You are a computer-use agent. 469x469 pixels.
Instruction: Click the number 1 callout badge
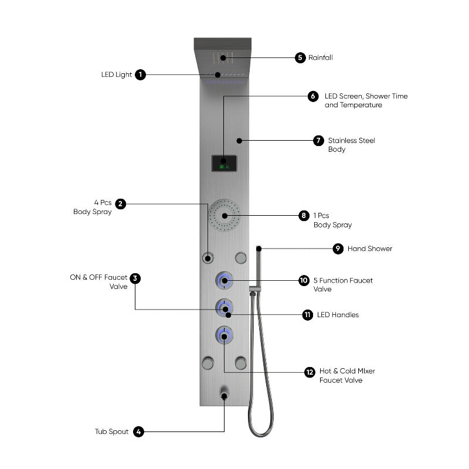pos(140,74)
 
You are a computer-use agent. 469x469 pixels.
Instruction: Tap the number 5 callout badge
pos(300,57)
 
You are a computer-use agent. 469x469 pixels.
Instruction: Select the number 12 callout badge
pos(310,372)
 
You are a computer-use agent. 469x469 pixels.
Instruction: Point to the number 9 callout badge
pos(338,249)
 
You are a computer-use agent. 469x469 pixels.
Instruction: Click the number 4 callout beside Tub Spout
pos(138,431)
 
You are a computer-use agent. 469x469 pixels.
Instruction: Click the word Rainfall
pos(321,57)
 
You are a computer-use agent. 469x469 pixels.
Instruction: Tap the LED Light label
pos(115,74)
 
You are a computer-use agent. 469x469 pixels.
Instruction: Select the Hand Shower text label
pos(370,249)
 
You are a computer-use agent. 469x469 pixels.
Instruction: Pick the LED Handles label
pos(338,315)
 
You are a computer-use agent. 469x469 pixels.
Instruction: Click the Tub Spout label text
pos(111,431)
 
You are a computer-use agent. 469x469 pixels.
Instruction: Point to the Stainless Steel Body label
pos(351,145)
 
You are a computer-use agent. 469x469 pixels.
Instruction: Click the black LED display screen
pos(224,164)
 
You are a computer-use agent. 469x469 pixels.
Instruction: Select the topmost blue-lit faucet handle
pos(224,281)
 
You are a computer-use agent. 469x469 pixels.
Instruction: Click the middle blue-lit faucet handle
pos(224,308)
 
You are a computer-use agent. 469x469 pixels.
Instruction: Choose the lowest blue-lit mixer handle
pos(224,335)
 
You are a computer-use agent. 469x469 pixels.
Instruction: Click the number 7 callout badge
pos(318,141)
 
